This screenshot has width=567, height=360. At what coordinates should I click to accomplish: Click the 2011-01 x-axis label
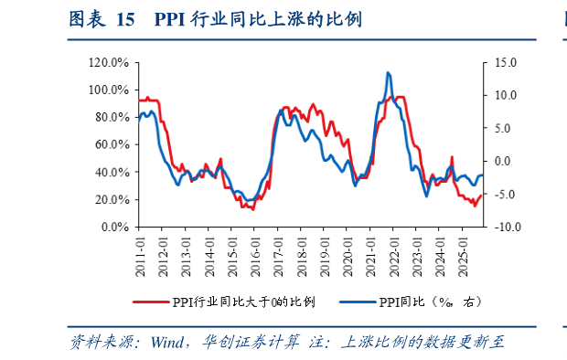point(141,248)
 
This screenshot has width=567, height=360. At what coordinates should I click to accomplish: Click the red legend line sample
point(151,302)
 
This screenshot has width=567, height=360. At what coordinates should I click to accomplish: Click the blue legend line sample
point(358,302)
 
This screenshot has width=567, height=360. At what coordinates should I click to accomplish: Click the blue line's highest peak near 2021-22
point(389,72)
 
